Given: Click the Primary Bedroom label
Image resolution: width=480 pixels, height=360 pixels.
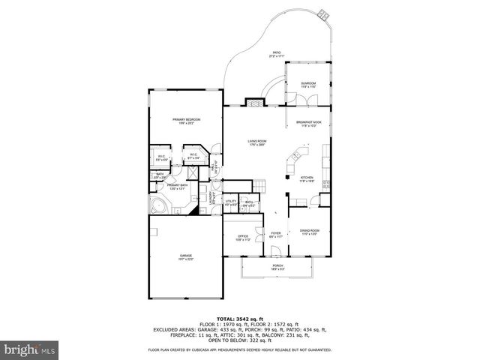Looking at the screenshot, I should tap(186, 121).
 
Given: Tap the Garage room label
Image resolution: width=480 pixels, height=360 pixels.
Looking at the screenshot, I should tap(185, 257).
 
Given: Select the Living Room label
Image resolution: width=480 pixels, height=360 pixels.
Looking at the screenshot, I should tap(257, 142).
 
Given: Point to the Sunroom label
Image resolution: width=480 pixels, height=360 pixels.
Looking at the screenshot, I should tap(308, 85).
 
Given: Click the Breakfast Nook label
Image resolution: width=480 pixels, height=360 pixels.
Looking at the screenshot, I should tap(308, 124).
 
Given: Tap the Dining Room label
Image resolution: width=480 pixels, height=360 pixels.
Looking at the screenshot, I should tap(310, 232).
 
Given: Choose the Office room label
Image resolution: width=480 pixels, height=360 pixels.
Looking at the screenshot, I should tap(242, 238).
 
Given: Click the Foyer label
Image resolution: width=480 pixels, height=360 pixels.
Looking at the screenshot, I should tap(275, 235).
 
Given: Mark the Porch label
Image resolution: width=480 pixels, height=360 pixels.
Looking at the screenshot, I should tap(277, 267).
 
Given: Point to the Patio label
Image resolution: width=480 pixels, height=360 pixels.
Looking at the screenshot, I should tap(277, 54).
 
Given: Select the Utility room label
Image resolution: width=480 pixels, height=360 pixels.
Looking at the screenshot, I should tap(231, 202).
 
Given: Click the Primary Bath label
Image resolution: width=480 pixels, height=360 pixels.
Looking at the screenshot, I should tap(177, 186).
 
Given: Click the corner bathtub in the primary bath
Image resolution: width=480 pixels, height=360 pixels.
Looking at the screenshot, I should tap(158, 206).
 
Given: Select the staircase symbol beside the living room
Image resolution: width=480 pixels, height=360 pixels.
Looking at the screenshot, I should tap(259, 186).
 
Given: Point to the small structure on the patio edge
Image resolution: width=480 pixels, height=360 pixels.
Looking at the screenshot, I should tap(324, 13).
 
